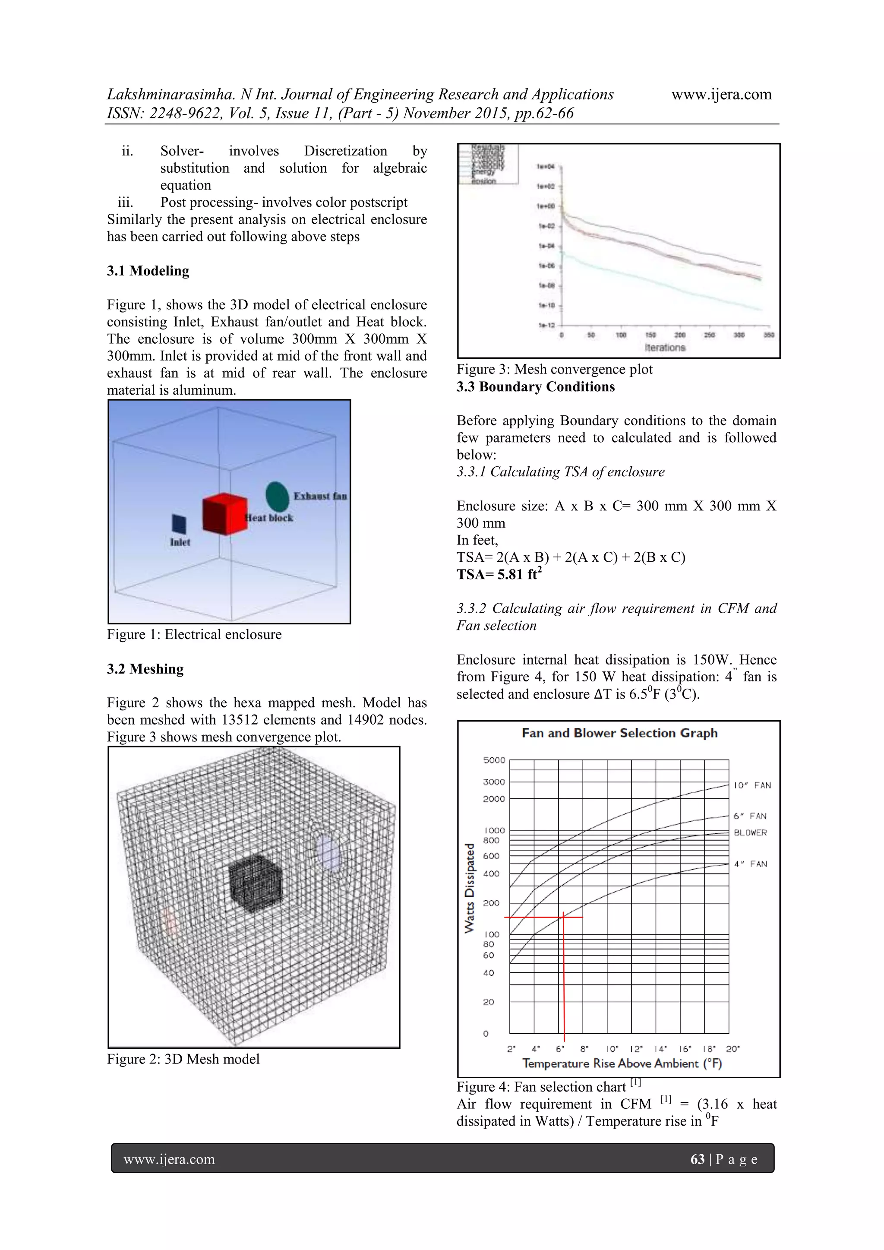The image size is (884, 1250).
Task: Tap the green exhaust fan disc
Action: pos(277,496)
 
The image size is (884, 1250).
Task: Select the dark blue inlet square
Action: pos(179,524)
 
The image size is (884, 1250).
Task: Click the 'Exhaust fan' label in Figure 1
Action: pos(320,496)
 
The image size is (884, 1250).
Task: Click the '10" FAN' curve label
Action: pos(752,785)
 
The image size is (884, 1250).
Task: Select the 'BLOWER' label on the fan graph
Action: pos(750,832)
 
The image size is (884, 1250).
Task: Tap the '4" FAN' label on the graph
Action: pos(750,864)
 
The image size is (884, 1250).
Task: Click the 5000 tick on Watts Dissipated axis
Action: pos(494,760)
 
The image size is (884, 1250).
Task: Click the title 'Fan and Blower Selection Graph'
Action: pos(619,733)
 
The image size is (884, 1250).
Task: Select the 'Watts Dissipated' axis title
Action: pos(469,888)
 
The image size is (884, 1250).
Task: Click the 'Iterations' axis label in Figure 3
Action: pos(665,347)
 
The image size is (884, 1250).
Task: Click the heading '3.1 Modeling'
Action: pos(148,271)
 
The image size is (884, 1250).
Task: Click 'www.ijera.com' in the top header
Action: pos(721,95)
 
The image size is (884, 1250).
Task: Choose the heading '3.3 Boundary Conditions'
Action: pos(536,386)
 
